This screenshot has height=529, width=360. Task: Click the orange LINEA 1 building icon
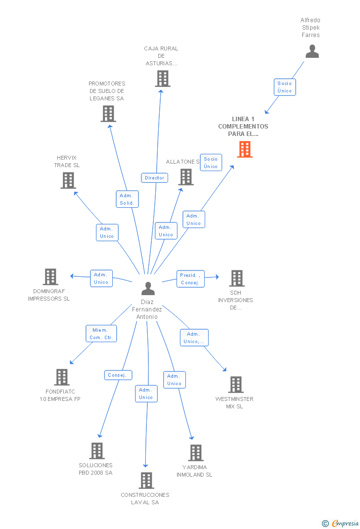coord(245,149)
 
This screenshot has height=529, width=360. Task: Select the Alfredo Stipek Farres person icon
coord(312,51)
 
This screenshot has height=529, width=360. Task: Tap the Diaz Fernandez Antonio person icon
coord(148,288)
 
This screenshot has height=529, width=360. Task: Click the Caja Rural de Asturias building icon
coord(162,79)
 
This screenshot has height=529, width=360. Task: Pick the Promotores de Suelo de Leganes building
coord(108,114)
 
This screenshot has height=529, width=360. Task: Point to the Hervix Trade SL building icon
coord(68,180)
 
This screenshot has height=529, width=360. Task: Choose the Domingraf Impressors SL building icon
coord(50,277)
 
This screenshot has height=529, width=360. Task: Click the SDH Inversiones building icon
coord(237,278)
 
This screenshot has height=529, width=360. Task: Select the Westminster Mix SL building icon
coord(236,385)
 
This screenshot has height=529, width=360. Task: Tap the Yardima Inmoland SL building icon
coord(196,453)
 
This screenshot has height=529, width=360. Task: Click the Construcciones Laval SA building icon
coord(146,481)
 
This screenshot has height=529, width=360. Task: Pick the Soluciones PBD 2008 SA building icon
coord(97,451)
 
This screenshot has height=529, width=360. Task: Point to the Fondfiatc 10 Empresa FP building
coord(62,377)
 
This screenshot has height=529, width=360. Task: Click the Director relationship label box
coord(154,178)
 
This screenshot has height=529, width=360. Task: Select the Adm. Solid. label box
coord(127,199)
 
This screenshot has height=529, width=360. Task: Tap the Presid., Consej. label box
coord(190,279)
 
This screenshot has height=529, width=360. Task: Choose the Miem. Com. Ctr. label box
coord(101,334)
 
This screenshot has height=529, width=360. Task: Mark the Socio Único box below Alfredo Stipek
coord(284,87)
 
